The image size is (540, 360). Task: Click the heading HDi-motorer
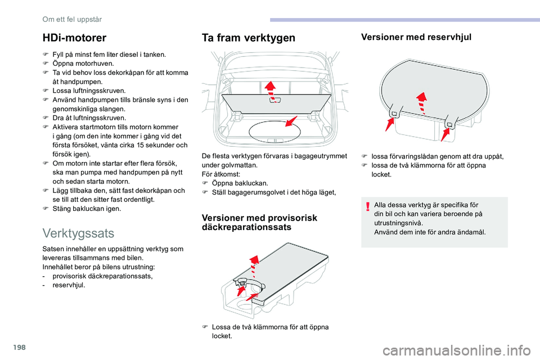pos(74,38)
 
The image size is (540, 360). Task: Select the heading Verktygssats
pos(78,232)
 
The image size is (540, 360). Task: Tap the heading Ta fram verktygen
pos(247,38)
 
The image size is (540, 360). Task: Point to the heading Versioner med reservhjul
pos(416,37)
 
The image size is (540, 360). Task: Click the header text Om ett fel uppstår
pos(73,19)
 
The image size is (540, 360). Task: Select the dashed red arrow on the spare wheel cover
pos(419,102)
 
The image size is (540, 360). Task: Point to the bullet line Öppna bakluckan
pos(240,183)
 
